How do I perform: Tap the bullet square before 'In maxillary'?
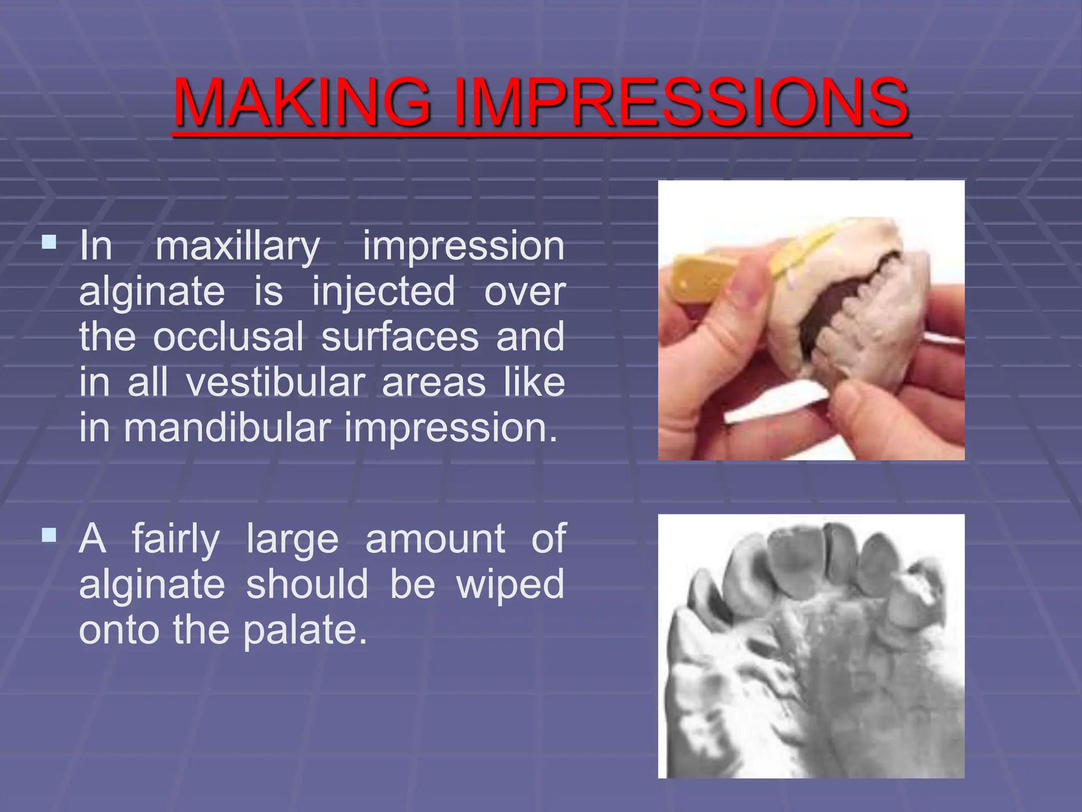(x=49, y=243)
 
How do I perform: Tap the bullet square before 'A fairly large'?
(x=49, y=536)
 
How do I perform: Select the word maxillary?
(x=238, y=247)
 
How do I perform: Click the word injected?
(x=383, y=291)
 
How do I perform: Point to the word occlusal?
(x=228, y=337)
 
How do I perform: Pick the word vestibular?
(x=276, y=382)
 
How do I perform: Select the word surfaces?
(x=400, y=337)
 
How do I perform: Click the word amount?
(x=435, y=539)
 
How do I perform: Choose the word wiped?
(x=510, y=585)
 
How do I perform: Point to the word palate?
(x=305, y=631)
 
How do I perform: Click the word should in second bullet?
(x=307, y=584)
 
